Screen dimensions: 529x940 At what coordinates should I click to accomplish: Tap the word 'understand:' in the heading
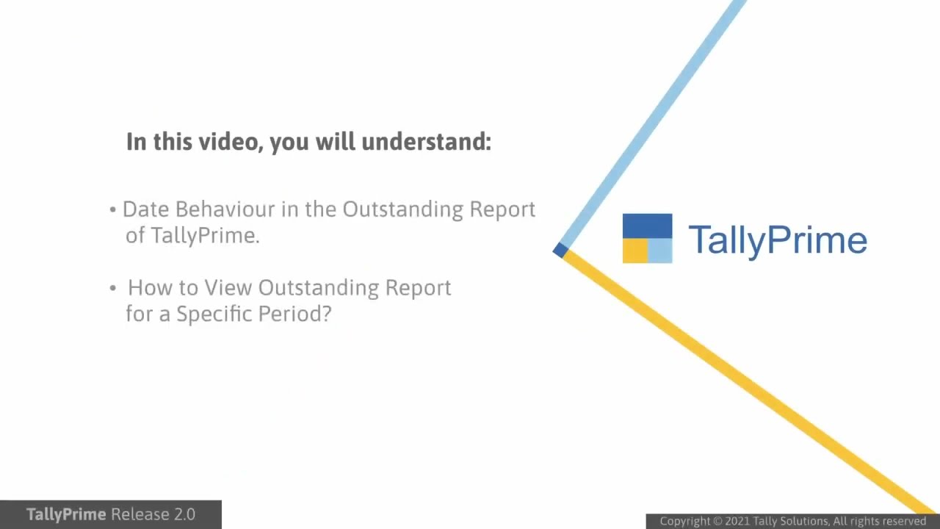point(426,141)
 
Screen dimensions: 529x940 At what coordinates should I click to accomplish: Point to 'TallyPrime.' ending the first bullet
point(206,236)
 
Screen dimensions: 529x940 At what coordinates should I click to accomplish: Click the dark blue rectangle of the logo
point(647,226)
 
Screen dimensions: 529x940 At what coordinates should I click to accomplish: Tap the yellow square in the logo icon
point(634,251)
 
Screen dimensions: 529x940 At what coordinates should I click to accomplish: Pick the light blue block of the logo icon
point(660,251)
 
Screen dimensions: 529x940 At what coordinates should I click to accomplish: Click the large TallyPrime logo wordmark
point(777,240)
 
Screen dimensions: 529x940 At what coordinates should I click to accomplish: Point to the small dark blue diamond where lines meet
point(560,251)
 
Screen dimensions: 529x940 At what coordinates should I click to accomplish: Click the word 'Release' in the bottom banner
point(139,514)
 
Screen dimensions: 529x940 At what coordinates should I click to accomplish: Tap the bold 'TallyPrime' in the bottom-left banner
point(66,514)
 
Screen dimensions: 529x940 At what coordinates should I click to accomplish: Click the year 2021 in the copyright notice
point(737,522)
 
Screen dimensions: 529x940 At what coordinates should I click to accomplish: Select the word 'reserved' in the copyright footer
point(902,522)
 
